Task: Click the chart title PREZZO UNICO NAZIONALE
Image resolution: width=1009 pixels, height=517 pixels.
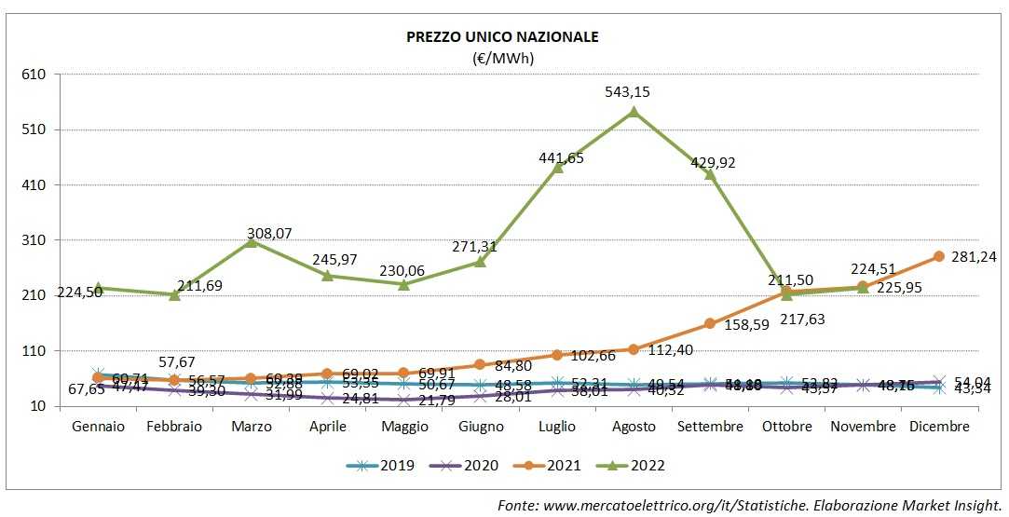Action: coord(502,37)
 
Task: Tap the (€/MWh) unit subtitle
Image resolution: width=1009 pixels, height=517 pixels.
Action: coord(503,58)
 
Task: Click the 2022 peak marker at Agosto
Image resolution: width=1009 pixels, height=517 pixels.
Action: coord(634,112)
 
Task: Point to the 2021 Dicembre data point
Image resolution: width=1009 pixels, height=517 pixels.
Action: coord(939,256)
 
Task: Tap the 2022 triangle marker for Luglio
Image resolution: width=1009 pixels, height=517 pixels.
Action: coord(558,168)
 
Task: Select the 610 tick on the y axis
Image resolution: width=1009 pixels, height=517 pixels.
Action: coord(45,75)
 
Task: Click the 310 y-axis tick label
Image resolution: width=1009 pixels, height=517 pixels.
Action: coord(45,240)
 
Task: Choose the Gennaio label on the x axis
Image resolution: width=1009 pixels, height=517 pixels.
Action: coord(99,427)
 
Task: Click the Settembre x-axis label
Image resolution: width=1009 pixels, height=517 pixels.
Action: coord(710,427)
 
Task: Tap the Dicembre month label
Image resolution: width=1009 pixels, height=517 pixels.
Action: coord(938,427)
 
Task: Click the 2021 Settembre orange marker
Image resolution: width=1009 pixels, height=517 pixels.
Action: coord(710,323)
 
